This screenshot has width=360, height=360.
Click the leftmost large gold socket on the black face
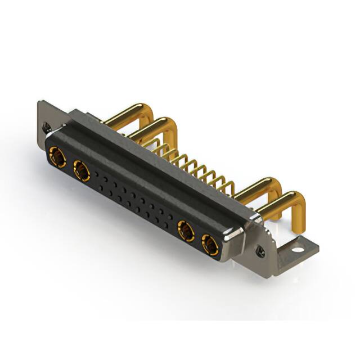(57, 156)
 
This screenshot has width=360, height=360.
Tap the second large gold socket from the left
(82, 170)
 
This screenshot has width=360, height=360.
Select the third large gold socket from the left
(186, 231)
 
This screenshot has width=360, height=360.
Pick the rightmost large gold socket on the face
(210, 245)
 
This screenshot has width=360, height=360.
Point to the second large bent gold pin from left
(152, 127)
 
